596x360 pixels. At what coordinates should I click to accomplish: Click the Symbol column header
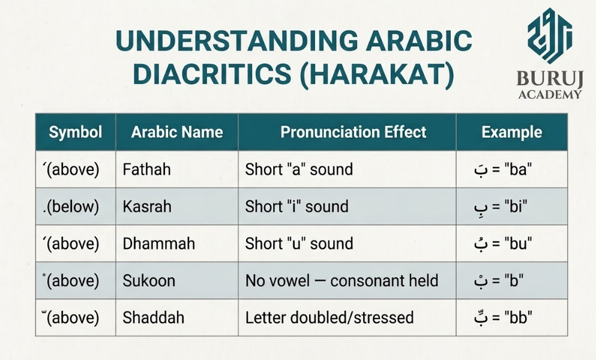(75, 132)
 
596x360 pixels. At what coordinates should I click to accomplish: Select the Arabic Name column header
(176, 132)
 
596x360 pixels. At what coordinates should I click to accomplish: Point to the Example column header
(511, 132)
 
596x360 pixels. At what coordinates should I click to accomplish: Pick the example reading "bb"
(503, 317)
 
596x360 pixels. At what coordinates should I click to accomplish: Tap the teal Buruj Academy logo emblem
(550, 35)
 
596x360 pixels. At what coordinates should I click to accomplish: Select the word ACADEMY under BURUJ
(550, 94)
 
